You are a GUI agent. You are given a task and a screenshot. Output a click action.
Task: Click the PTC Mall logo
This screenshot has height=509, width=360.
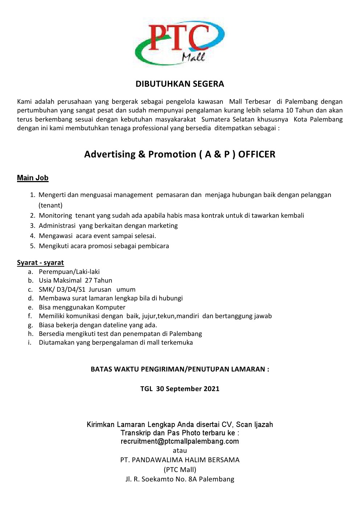pos(180,43)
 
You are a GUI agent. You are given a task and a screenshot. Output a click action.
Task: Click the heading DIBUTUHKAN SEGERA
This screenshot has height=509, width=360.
pos(180,84)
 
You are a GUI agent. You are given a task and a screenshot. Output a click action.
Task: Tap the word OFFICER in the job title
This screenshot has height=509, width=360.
pos(257,154)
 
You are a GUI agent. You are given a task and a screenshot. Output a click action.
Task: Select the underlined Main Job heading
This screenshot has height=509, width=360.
pos(33,178)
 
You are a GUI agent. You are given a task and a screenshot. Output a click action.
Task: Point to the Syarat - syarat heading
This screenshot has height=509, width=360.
pos(40,263)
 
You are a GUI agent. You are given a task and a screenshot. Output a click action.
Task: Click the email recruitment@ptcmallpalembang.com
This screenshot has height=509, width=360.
pos(180,441)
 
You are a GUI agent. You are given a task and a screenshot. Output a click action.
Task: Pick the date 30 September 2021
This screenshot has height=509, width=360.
pos(188,389)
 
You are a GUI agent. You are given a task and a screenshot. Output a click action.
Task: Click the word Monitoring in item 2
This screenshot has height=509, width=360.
pos(55,215)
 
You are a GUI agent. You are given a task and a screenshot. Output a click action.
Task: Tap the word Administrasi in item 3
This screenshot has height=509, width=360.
pos(57,226)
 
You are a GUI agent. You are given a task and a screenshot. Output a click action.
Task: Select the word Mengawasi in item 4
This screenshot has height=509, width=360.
pos(56,236)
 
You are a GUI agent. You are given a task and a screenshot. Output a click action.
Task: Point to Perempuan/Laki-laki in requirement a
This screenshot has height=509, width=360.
pos(69,272)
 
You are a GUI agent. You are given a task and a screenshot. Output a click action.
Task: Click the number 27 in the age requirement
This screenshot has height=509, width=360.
pos(89,280)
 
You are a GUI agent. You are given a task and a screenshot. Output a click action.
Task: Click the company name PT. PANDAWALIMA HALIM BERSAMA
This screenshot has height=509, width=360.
pos(180,460)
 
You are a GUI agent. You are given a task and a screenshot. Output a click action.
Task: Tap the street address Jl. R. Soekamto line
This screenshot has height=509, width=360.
pos(180,479)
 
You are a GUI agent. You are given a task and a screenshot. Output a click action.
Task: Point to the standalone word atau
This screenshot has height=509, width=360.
pos(180,451)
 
